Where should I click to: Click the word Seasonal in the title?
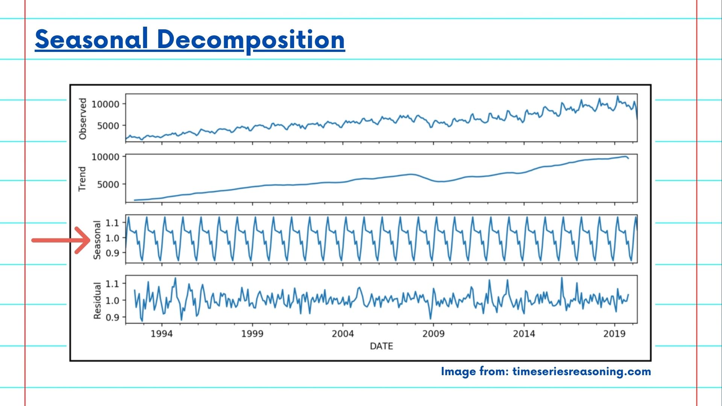pyautogui.click(x=91, y=39)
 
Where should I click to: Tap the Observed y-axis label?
pyautogui.click(x=83, y=119)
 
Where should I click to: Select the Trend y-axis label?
pyautogui.click(x=82, y=179)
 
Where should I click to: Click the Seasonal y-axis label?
pyautogui.click(x=97, y=240)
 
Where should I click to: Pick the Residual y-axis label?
pyautogui.click(x=97, y=301)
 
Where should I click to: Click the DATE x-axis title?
pyautogui.click(x=381, y=346)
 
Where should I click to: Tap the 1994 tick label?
pyautogui.click(x=162, y=334)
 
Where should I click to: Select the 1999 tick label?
pyautogui.click(x=252, y=334)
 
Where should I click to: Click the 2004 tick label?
pyautogui.click(x=343, y=334)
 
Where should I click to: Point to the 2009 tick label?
pyautogui.click(x=434, y=334)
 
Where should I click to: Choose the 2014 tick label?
pyautogui.click(x=524, y=334)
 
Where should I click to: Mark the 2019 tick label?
pyautogui.click(x=614, y=334)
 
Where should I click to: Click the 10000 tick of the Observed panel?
pyautogui.click(x=105, y=104)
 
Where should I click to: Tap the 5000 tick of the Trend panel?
pyautogui.click(x=108, y=185)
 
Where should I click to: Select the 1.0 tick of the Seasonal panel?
pyautogui.click(x=112, y=238)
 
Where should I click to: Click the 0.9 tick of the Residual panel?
pyautogui.click(x=112, y=317)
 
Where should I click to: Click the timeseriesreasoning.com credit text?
pyautogui.click(x=581, y=371)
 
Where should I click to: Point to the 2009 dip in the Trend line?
pyautogui.click(x=442, y=181)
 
